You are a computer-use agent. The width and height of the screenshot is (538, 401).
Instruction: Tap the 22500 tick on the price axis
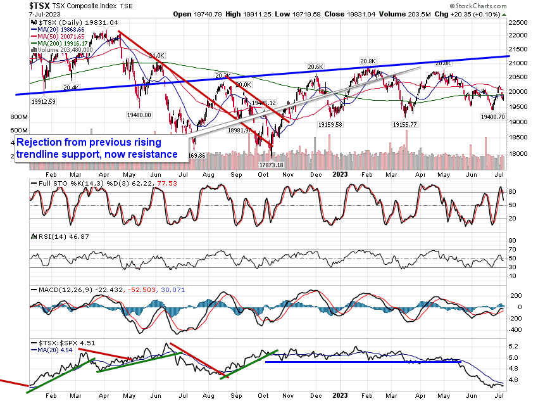(x=520, y=22)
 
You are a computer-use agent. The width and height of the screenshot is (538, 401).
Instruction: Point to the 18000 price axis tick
(x=520, y=153)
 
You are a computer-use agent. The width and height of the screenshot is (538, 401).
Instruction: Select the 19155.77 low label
(x=405, y=125)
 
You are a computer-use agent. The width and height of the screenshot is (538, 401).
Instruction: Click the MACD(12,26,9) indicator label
(x=62, y=290)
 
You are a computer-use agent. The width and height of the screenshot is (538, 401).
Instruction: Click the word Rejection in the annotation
(x=44, y=143)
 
